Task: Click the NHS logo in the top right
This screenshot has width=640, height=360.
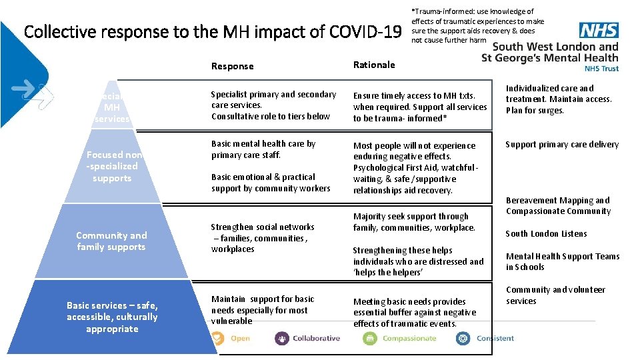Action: (598, 31)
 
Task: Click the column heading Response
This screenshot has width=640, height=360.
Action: (232, 66)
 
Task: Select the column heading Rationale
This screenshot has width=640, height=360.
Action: (374, 65)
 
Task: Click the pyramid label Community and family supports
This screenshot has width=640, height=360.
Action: (111, 241)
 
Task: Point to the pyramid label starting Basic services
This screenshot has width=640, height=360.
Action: (112, 317)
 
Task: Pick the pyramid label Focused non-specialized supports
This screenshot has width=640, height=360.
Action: (113, 166)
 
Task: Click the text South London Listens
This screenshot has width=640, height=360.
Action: (546, 234)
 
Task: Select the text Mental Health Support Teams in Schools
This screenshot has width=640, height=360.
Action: (562, 261)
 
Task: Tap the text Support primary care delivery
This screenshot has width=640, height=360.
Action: (562, 144)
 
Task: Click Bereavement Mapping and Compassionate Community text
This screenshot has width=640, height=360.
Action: (558, 205)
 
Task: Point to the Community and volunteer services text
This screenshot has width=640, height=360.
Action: (555, 295)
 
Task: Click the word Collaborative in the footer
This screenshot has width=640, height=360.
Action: (316, 339)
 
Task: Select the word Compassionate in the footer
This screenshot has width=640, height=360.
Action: (409, 339)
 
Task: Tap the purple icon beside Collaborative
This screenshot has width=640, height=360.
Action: (282, 339)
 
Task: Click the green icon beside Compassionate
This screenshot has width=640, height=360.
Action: (370, 339)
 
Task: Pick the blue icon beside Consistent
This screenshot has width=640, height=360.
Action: (463, 339)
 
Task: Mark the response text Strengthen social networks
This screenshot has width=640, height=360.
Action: (263, 238)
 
